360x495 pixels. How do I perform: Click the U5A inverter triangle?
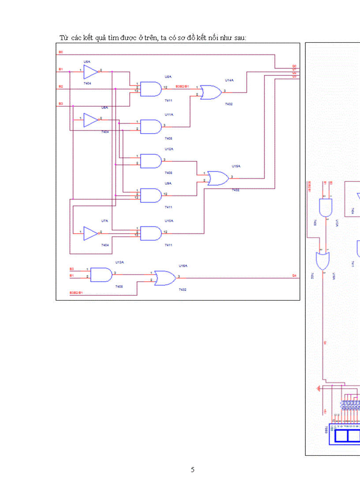tap(90, 71)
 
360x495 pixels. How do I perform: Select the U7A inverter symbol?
tap(90, 234)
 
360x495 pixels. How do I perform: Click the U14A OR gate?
tap(211, 92)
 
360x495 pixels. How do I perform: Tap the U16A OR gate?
tap(165, 278)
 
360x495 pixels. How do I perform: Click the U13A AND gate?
tap(101, 275)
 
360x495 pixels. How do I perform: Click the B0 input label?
tap(61, 52)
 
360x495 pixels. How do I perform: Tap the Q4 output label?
tap(294, 275)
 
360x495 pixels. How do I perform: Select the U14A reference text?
tap(229, 81)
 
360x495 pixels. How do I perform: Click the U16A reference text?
tap(183, 266)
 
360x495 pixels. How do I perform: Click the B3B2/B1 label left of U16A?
tap(76, 293)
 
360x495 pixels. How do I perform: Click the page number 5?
tap(192, 469)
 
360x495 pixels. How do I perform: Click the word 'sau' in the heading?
tap(240, 38)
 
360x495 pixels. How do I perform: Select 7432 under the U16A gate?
tap(182, 290)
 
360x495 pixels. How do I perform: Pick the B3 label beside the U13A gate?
tap(71, 269)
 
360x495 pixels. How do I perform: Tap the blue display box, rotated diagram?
tap(347, 436)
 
